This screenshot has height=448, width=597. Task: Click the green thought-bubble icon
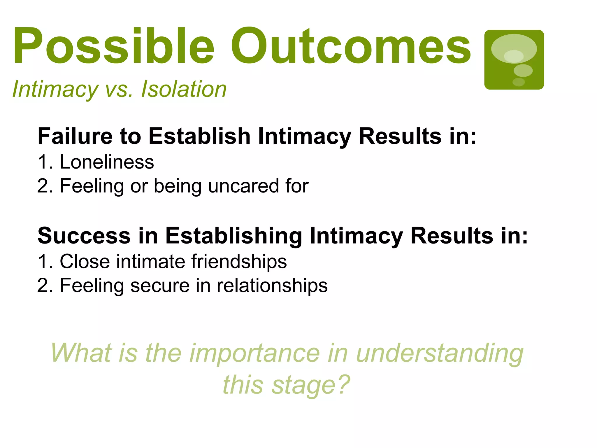514,60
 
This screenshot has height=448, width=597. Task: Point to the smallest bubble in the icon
519,82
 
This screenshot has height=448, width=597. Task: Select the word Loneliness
107,162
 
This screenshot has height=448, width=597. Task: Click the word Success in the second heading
84,236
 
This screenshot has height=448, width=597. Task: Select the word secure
160,286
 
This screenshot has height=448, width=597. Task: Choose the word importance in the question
254,353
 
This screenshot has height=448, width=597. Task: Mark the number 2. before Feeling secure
45,286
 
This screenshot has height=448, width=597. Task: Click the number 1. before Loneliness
45,162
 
